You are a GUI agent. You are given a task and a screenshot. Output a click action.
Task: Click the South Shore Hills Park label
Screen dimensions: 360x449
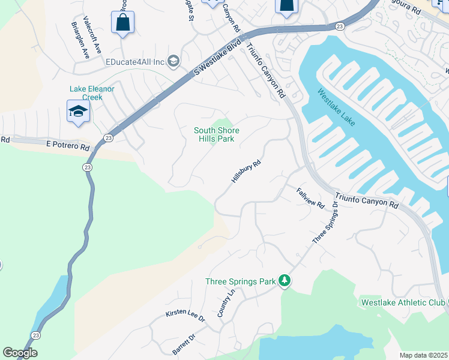click(216, 134)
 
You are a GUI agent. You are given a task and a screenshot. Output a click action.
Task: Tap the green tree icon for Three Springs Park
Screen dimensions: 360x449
click(286, 281)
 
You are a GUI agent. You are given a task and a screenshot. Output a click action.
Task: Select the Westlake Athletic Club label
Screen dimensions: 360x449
click(402, 302)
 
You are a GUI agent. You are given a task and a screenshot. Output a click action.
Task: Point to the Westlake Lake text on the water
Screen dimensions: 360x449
click(337, 108)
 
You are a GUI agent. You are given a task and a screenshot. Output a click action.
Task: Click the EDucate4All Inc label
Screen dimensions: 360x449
click(135, 62)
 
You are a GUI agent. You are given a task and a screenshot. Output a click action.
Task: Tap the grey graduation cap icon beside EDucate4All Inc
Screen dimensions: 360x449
click(173, 61)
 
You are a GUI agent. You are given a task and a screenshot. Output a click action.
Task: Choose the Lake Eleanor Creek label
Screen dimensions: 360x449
click(92, 93)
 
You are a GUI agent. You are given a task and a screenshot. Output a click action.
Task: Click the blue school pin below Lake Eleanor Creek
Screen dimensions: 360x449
click(78, 112)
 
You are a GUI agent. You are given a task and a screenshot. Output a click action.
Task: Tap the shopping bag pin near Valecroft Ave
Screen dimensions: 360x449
click(122, 23)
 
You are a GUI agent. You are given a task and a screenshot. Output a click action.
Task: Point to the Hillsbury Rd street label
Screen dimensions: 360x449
click(247, 172)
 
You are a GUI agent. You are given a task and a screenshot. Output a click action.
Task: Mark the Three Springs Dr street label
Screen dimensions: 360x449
click(325, 223)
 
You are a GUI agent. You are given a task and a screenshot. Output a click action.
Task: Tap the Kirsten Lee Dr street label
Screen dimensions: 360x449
click(185, 316)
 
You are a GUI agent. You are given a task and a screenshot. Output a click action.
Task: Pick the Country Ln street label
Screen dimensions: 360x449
click(224, 303)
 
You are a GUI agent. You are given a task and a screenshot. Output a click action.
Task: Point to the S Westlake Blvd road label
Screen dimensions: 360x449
click(217, 58)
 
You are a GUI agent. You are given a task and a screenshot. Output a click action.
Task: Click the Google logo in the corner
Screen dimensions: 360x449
click(20, 353)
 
